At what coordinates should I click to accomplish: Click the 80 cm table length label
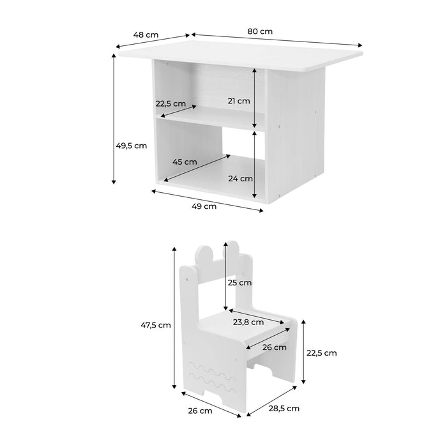(261, 30)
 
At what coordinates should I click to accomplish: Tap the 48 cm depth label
(146, 34)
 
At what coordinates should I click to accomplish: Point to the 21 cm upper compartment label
(239, 100)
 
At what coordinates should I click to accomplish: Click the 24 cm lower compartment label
(241, 178)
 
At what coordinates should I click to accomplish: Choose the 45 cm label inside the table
(185, 162)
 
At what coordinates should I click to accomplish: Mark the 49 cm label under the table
(205, 206)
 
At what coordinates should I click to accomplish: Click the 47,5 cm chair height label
(156, 324)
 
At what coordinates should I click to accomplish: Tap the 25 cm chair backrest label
(240, 282)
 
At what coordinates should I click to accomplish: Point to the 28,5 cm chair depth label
(284, 408)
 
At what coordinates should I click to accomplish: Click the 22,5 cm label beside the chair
(321, 352)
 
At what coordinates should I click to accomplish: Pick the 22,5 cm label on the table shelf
(170, 103)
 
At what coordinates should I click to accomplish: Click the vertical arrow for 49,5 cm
(114, 119)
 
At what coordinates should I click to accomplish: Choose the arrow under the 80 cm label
(277, 39)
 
